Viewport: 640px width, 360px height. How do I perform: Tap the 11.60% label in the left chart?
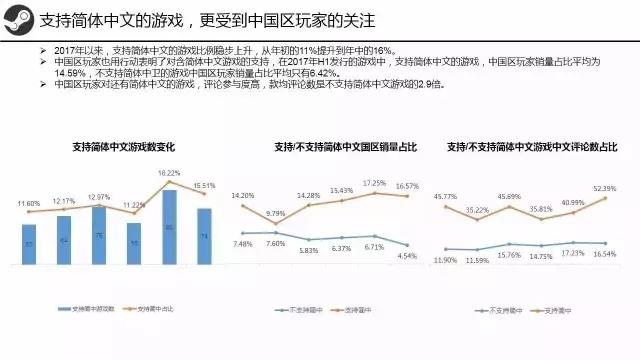click(x=31, y=203)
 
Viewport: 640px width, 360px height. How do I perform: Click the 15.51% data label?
click(x=203, y=186)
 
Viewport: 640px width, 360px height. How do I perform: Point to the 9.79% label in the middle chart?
click(x=276, y=213)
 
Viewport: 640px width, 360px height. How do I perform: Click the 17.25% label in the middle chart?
click(x=373, y=183)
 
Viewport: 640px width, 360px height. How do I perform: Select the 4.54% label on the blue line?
click(x=406, y=256)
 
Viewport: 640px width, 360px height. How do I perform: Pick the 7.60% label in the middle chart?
click(x=276, y=243)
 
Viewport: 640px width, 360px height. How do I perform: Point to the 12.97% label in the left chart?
click(x=99, y=197)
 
